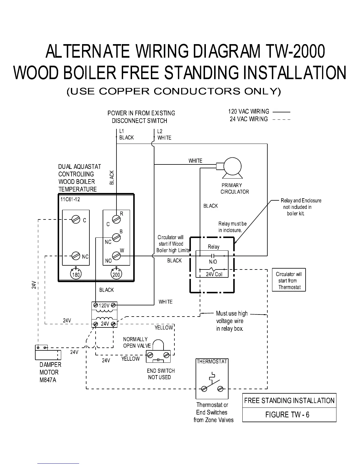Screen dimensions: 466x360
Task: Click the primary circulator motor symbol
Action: [232, 166]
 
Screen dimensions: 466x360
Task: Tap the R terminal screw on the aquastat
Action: [116, 219]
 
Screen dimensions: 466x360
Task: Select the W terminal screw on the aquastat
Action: [116, 256]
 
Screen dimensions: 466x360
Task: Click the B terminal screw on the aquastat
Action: [116, 237]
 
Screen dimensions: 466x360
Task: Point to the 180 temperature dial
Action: [76, 274]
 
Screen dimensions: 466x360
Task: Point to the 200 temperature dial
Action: [116, 274]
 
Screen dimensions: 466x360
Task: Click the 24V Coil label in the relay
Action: [214, 274]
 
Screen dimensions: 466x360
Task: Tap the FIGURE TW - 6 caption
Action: [287, 415]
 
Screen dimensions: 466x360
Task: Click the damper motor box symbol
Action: [48, 352]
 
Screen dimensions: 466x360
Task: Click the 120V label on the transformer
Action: [104, 306]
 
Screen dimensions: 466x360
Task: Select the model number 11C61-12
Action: [70, 199]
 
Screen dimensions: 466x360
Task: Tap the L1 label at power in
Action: [122, 131]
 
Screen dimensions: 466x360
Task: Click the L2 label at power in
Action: [160, 131]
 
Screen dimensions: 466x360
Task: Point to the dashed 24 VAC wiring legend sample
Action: [281, 119]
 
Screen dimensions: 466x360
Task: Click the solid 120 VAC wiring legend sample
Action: [281, 112]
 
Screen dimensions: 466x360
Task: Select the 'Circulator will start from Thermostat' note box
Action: [289, 280]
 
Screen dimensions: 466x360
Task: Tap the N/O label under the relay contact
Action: [213, 262]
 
